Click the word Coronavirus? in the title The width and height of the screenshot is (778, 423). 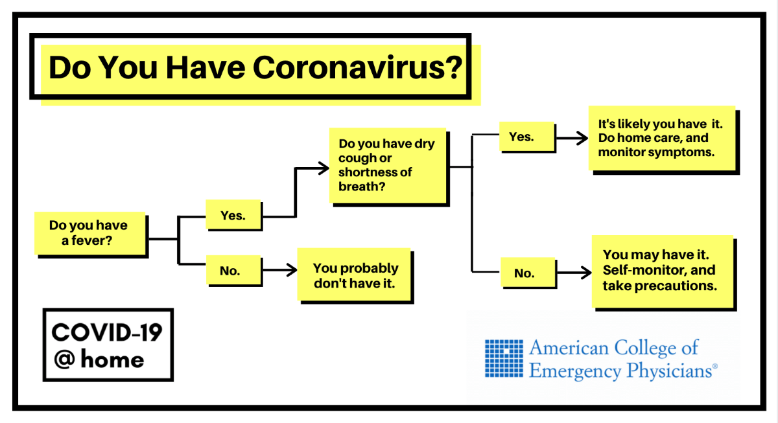coord(358,67)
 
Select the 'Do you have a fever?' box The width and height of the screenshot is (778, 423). coord(90,233)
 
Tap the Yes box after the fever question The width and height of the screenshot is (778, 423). coord(233,214)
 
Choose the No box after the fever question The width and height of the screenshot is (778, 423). coord(233,270)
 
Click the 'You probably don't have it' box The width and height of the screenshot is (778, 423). coord(354,275)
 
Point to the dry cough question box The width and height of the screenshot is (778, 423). coord(388,165)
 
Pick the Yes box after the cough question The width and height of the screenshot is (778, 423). coord(526,137)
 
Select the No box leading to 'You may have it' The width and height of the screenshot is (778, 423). coord(528,273)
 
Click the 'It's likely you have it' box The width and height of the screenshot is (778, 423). coord(662,138)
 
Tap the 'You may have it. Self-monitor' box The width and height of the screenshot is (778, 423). coord(663,271)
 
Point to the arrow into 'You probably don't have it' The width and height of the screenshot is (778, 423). coord(279,269)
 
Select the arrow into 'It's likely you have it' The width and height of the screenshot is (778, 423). coord(572,138)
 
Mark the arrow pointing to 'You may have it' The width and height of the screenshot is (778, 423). coord(574,273)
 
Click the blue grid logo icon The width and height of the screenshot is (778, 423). coord(504,358)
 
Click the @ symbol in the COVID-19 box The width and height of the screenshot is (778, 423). coord(65,359)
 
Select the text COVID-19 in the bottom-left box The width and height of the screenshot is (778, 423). coord(107,332)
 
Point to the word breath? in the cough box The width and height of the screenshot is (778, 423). coord(362,187)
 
